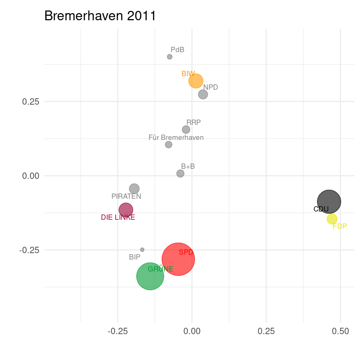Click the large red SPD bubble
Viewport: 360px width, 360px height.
(178, 259)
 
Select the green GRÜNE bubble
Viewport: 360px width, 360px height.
(150, 276)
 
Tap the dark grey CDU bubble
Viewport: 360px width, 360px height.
(329, 202)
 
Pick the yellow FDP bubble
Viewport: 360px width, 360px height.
(332, 219)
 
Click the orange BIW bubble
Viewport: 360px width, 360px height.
(196, 81)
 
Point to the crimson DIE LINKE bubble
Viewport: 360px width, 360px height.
(126, 210)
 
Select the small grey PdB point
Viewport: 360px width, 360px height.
(169, 57)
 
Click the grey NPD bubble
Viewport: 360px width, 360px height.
(203, 94)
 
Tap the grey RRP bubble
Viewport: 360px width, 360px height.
(186, 129)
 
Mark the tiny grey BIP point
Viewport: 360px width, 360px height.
(142, 250)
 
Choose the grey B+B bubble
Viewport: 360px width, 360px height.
(180, 173)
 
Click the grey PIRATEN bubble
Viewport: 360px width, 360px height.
(134, 189)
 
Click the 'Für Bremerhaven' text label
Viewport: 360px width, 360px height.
(176, 138)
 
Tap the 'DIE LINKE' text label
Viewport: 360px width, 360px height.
(118, 217)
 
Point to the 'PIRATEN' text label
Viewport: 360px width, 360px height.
(126, 196)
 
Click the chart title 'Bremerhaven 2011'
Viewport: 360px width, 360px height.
(100, 16)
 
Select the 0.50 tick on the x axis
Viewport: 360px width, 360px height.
(340, 331)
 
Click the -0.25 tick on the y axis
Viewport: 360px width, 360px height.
(29, 250)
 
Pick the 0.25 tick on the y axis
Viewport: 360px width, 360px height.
(30, 102)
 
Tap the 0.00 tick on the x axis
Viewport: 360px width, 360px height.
(192, 331)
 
